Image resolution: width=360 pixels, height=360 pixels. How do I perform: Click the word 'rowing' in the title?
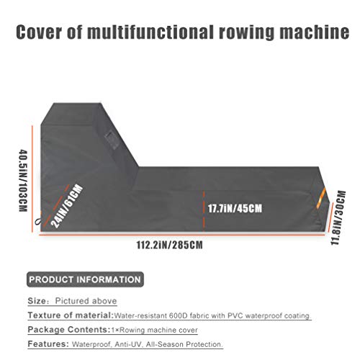pos(246,32)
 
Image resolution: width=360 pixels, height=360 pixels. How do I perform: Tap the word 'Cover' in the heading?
pos(39,32)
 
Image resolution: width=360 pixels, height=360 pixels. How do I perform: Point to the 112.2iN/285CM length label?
pos(170,245)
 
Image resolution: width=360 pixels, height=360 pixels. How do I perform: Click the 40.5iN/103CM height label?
pos(23,181)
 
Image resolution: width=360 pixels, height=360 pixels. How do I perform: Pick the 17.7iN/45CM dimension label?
pos(235,208)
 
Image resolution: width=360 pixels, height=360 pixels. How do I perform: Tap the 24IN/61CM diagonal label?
pos(67,207)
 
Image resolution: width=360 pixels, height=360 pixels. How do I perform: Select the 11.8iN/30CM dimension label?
pos(338,217)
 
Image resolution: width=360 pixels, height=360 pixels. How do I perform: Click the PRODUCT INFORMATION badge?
pos(85,279)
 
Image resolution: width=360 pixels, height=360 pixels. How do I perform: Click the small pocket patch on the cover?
pos(112,140)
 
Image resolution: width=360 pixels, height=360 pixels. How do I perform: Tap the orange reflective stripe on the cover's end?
pos(321,197)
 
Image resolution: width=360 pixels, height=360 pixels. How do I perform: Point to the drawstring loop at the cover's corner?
pos(38,221)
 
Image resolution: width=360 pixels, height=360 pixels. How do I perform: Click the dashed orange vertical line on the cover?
pos(204,210)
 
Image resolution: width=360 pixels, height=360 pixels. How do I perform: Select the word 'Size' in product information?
pos(37,301)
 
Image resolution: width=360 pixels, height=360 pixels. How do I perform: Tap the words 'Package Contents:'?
pos(69,330)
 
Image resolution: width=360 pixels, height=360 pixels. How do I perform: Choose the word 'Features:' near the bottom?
pos(48,344)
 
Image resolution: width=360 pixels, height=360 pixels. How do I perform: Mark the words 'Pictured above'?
pos(86,301)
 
